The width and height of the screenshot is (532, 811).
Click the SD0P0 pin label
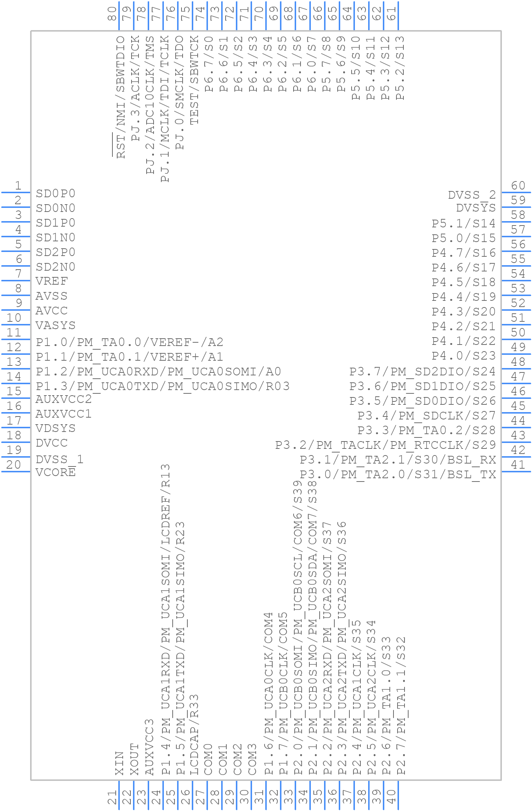(55, 194)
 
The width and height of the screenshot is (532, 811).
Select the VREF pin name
(52, 281)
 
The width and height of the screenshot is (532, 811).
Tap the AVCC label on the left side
(51, 311)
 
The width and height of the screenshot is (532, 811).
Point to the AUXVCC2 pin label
(64, 399)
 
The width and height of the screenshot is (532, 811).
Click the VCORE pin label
(55, 472)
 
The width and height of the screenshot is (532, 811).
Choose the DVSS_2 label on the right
(472, 195)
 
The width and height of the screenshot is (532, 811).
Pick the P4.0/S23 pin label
(464, 356)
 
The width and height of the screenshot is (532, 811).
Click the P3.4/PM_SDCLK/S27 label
(427, 415)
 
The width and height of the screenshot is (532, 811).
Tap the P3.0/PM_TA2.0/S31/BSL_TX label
(398, 475)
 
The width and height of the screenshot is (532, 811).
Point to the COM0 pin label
(208, 759)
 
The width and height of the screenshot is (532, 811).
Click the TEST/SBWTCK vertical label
(194, 80)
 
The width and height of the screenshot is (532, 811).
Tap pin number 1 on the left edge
(18, 186)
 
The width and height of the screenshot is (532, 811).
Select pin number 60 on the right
(518, 186)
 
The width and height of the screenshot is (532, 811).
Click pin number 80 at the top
(112, 14)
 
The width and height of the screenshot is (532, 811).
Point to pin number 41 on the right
(518, 465)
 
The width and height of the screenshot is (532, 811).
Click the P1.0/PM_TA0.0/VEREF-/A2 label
(130, 342)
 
